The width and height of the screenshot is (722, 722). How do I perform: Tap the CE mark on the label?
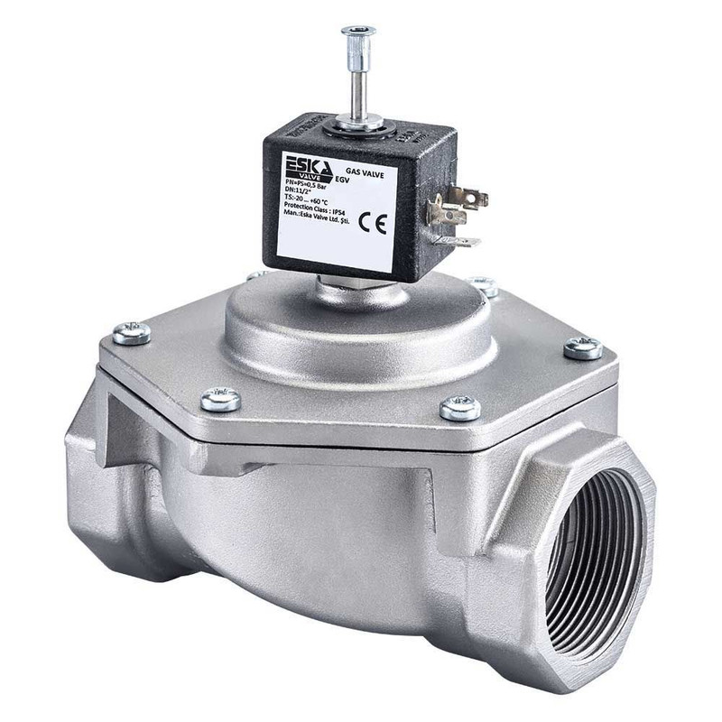coord(372,223)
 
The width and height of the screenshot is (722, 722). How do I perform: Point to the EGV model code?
coord(342,180)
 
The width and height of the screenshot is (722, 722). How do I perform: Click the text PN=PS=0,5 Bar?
coord(308,186)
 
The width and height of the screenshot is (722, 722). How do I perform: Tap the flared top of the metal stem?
coord(357,33)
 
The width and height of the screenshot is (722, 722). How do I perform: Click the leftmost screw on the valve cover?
coord(132,333)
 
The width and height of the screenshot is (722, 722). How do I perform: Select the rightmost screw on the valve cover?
coord(583,347)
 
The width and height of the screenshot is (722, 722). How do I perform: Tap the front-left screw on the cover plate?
coord(220,399)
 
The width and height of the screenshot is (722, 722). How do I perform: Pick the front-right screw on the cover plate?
coord(460,408)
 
